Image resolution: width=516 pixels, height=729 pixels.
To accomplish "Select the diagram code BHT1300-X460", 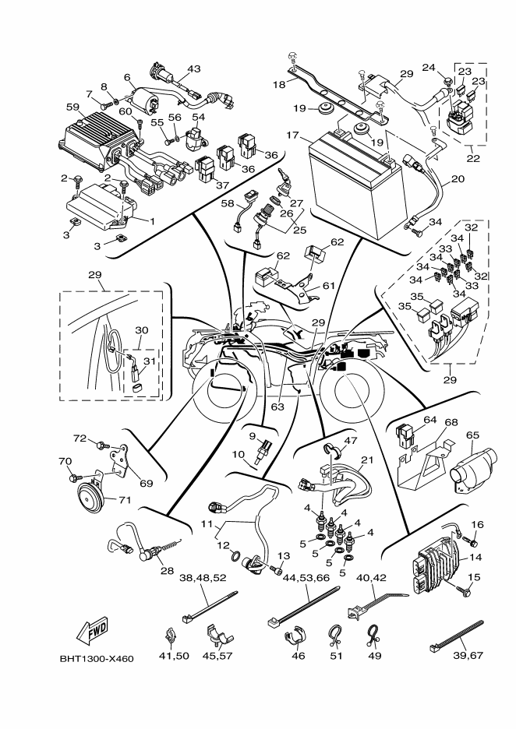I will (x=97, y=659).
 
